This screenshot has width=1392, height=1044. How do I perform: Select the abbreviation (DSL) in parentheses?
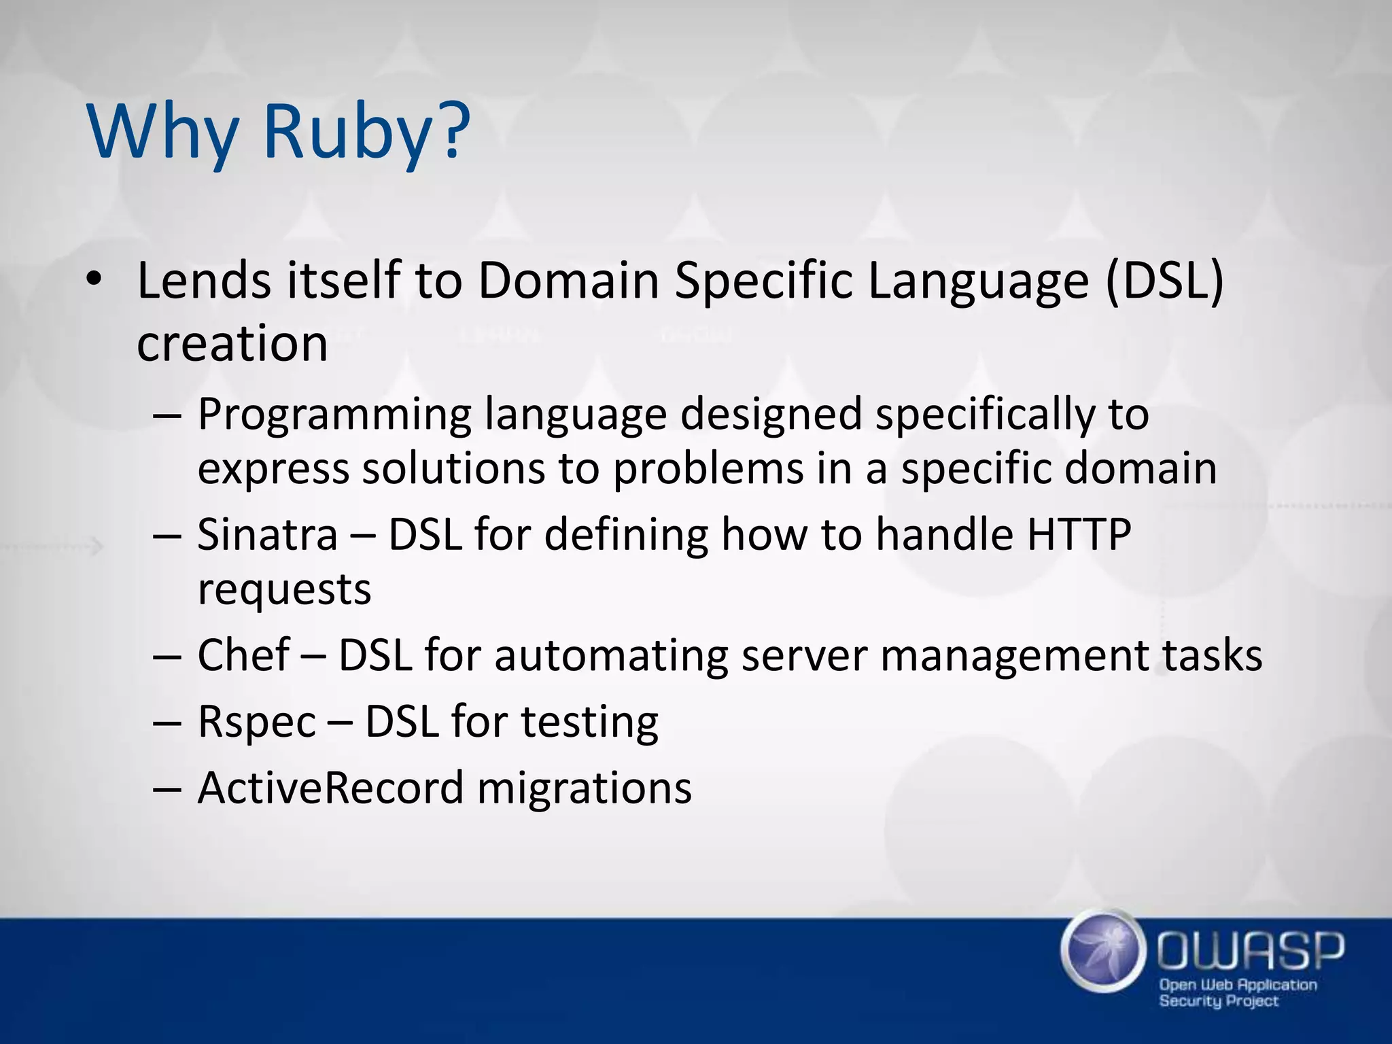[1164, 280]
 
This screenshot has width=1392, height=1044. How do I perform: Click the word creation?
[232, 343]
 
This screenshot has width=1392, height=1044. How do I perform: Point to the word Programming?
[334, 415]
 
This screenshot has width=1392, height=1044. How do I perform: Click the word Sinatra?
[268, 534]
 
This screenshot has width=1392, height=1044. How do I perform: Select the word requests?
[284, 589]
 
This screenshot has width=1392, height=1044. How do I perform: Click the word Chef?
[243, 655]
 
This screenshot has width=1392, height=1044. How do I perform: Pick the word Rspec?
[257, 722]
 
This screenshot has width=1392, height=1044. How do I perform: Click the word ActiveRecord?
[331, 788]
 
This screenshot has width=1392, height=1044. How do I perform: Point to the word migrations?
[585, 788]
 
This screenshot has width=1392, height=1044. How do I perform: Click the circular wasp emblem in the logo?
[1100, 952]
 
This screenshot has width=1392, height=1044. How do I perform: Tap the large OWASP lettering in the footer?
[1251, 950]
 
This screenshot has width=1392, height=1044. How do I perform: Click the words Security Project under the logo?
[1219, 1001]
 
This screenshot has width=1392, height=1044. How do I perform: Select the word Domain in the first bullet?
[569, 280]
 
